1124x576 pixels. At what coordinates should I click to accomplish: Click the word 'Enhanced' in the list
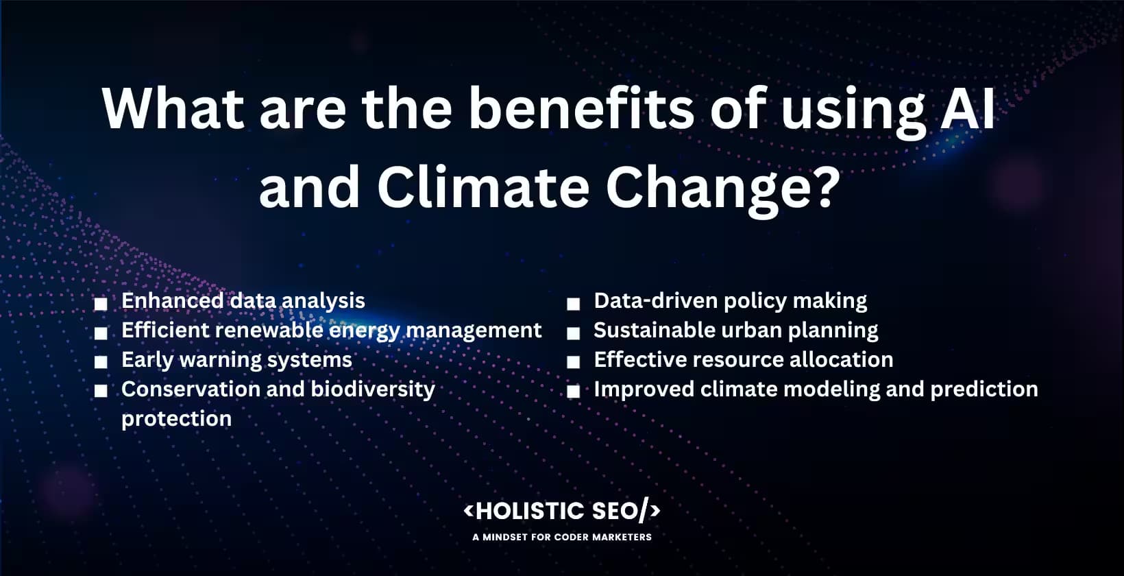point(172,300)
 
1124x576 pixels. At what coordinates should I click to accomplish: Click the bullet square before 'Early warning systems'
point(101,362)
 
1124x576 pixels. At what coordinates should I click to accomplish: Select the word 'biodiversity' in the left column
point(373,389)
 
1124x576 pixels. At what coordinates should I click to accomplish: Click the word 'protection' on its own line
point(176,418)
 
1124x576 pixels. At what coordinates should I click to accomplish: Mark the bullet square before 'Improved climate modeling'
point(573,392)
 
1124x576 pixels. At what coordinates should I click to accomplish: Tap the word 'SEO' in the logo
point(615,511)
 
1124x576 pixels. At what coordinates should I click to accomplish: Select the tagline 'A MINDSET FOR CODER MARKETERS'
point(562,537)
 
